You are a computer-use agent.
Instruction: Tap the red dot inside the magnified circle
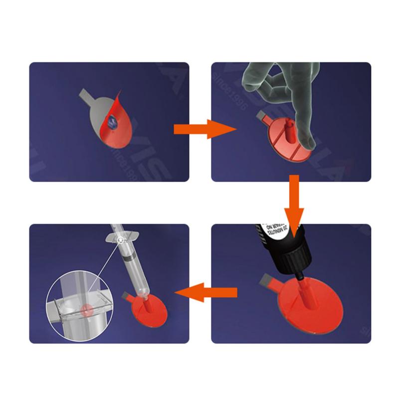(x=88, y=309)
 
